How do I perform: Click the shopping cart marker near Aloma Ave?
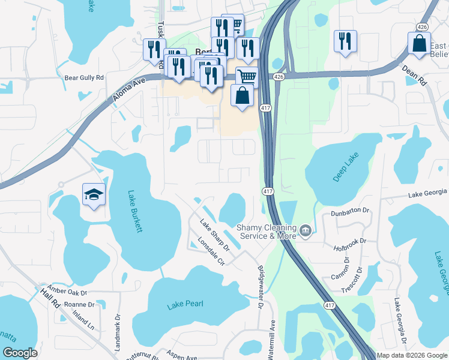[x=247, y=77]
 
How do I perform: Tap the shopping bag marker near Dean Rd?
[x=419, y=44]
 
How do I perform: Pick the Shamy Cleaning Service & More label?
[x=267, y=232]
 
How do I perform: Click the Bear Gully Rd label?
[x=84, y=78]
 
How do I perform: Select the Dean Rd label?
[x=414, y=76]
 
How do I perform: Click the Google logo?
[x=20, y=353]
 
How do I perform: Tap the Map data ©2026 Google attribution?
[x=412, y=355]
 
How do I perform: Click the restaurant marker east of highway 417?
[x=345, y=41]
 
